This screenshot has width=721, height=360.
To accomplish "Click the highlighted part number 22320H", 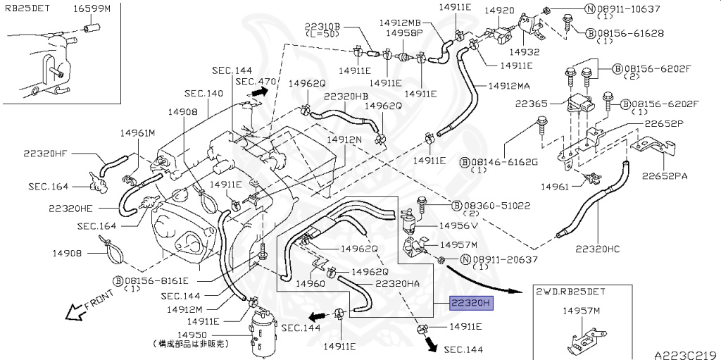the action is click(x=471, y=303).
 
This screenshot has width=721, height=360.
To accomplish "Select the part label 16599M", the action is click(x=92, y=8).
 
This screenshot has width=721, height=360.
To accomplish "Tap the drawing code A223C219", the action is click(x=686, y=355).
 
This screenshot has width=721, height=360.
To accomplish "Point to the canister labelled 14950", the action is click(x=263, y=333).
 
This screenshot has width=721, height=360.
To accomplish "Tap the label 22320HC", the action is click(x=598, y=249).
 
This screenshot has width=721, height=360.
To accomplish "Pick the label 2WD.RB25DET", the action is click(x=570, y=292).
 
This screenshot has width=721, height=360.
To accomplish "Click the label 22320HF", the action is click(x=45, y=154).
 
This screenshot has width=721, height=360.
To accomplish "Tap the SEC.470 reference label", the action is click(x=256, y=82).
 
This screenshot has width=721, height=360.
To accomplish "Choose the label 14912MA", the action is click(x=509, y=86).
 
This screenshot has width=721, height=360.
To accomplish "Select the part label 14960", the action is click(x=311, y=284).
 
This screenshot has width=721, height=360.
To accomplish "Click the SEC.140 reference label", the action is click(x=203, y=94).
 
